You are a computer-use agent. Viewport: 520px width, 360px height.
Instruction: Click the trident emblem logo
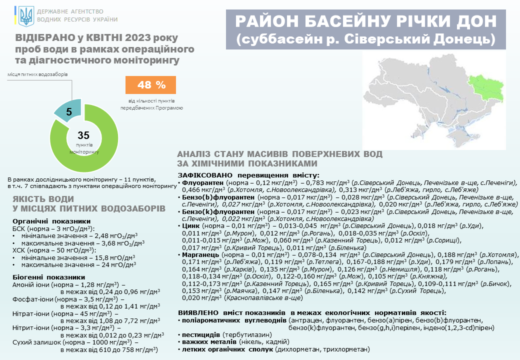click(x=25, y=15)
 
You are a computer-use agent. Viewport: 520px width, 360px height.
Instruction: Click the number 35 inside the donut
click(x=83, y=135)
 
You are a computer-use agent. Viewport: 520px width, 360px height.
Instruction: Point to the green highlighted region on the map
click(x=484, y=88)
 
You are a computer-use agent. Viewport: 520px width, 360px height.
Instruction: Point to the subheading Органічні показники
click(x=51, y=221)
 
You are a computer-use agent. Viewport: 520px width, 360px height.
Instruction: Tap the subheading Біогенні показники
click(x=48, y=277)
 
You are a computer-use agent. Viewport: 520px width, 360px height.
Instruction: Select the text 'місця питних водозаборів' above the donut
click(x=37, y=74)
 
